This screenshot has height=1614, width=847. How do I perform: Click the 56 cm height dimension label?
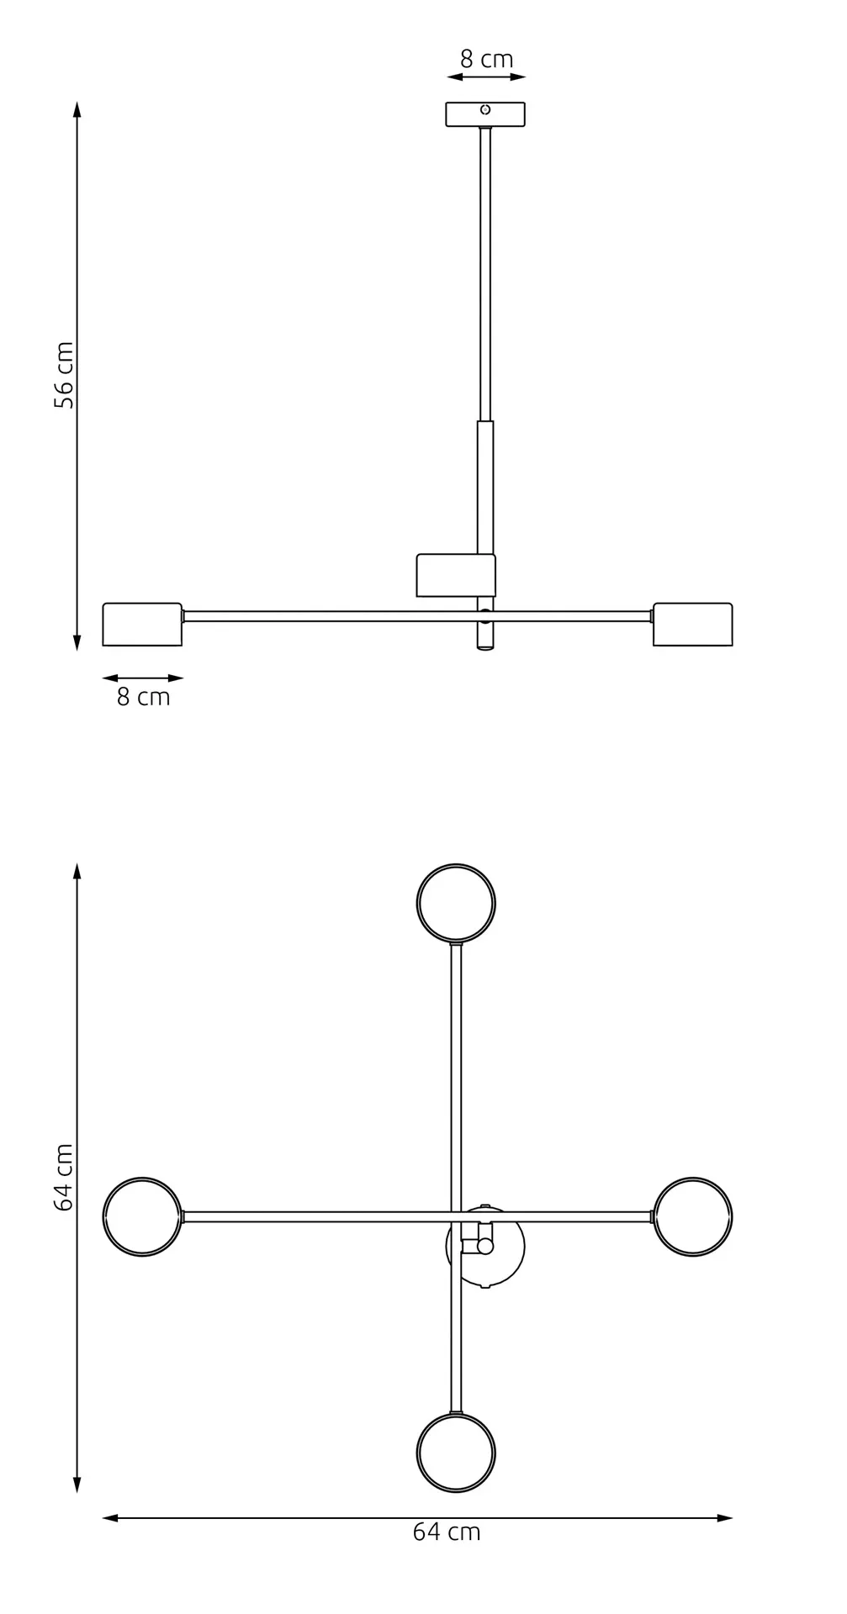[64, 375]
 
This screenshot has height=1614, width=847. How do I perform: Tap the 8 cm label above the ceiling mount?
[486, 60]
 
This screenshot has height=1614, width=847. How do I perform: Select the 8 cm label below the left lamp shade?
[143, 697]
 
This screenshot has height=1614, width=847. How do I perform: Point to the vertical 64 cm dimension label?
[64, 1177]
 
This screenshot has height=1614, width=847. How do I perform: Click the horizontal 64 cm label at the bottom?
[447, 1532]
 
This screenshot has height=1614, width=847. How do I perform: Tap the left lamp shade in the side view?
[142, 625]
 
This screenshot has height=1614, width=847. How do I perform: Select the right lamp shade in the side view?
[692, 625]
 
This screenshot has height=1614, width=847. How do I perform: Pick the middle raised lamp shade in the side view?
[455, 576]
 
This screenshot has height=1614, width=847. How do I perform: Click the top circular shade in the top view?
[456, 903]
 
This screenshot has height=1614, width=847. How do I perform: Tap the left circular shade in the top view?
[142, 1216]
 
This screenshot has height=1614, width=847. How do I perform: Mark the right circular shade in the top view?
[693, 1216]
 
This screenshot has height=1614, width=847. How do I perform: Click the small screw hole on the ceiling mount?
[485, 109]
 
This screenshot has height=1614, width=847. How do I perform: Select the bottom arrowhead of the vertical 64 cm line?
[77, 1485]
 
